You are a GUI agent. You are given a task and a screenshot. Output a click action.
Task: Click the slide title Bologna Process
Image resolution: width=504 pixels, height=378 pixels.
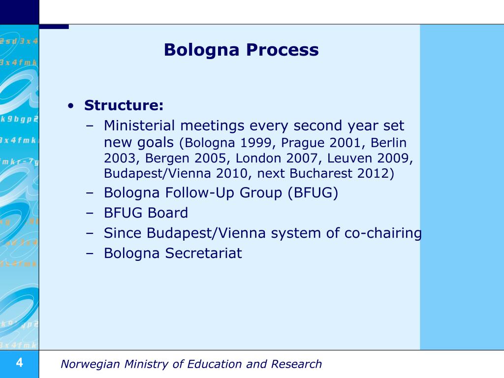click(x=241, y=50)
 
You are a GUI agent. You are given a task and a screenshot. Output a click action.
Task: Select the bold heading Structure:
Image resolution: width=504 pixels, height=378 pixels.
click(x=124, y=105)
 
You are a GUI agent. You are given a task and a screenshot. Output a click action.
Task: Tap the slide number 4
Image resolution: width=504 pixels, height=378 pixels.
click(x=19, y=364)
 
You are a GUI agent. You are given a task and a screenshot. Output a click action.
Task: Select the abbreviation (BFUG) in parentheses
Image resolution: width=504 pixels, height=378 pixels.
click(x=313, y=193)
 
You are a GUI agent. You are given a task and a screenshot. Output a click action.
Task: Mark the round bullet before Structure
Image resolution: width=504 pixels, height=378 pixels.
click(x=72, y=106)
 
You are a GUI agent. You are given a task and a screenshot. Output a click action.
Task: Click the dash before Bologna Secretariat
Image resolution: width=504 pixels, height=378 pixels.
click(x=90, y=253)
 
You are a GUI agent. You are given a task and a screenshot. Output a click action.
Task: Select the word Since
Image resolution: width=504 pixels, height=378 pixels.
click(x=122, y=233)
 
